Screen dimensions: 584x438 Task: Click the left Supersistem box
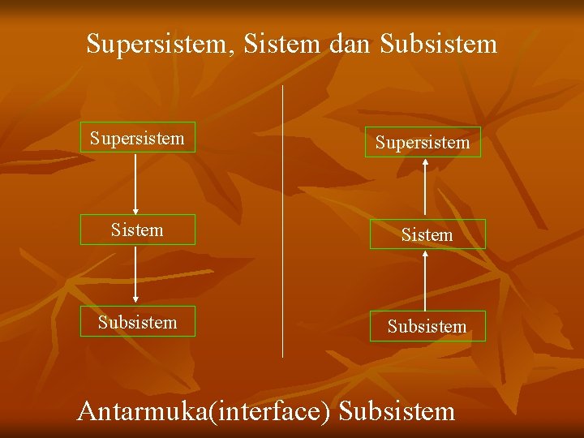pos(137,138)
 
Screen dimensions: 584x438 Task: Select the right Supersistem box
pos(422,142)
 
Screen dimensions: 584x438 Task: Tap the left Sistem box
pos(137,230)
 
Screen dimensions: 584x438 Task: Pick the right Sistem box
pos(427,234)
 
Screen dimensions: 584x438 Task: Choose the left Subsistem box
pos(137,321)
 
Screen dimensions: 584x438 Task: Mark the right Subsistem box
pos(427,326)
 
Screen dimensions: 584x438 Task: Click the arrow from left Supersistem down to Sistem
pos(135,183)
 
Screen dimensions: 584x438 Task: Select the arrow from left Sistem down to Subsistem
pos(135,275)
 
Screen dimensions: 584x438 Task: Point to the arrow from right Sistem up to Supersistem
pos(424,188)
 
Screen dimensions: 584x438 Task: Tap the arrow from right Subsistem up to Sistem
pos(426,280)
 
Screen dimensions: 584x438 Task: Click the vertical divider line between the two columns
pos(282,219)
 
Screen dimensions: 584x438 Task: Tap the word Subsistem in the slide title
pos(438,43)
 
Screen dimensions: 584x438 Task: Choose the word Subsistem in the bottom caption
pos(397,410)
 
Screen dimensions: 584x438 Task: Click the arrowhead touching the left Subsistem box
pos(135,301)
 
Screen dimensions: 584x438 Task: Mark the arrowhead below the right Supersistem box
pos(424,162)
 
